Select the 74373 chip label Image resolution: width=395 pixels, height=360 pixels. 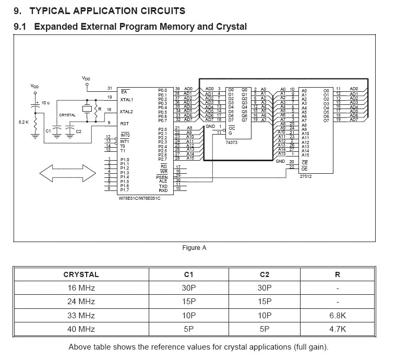coord(232,142)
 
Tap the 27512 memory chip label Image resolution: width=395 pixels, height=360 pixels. coord(306,176)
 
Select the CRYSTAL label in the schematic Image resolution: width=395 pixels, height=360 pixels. coord(67,115)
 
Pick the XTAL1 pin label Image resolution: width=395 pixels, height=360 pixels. coord(126,99)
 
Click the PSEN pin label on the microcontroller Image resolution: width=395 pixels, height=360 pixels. coord(162,177)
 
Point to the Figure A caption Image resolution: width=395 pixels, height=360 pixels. coord(194,248)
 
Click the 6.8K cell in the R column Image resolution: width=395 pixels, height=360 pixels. coord(338,316)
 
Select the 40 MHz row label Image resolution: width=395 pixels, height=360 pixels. coord(81,329)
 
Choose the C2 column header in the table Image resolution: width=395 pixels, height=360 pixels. coord(265,274)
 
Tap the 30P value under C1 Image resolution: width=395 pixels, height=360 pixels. coord(190,288)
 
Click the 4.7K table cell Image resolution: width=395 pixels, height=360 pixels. coord(338,329)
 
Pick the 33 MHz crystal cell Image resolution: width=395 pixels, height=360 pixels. coord(81,316)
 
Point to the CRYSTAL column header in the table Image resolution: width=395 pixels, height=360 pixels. coord(81,274)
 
